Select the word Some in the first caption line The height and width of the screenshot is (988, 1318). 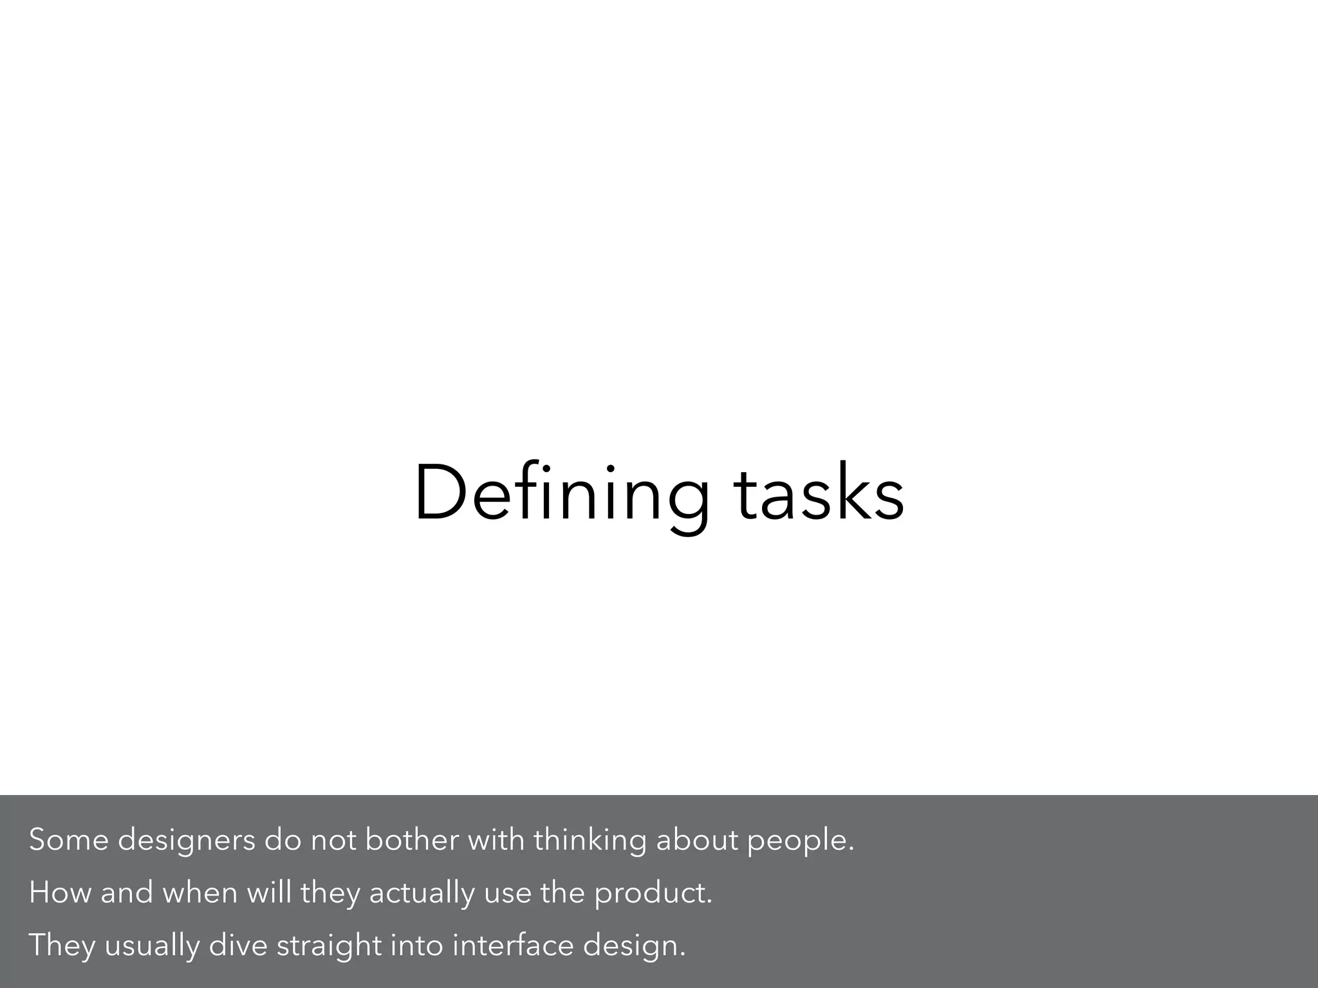[69, 840]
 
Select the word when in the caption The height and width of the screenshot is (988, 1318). [200, 893]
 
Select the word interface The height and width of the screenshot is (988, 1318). [512, 946]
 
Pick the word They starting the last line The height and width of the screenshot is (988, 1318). [62, 946]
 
